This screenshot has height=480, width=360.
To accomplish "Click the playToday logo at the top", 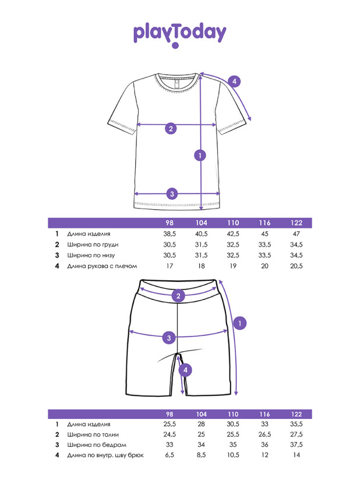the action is [x=179, y=34].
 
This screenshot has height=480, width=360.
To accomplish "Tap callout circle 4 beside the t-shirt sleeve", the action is [x=235, y=82].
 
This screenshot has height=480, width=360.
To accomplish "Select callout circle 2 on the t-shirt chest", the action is [x=171, y=128].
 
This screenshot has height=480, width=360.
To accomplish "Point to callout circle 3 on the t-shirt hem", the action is [x=172, y=194].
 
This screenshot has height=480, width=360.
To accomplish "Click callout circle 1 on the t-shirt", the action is [x=200, y=156].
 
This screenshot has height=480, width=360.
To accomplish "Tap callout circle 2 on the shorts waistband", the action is [x=178, y=296].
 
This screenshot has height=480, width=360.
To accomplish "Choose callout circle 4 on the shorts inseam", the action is [x=185, y=370].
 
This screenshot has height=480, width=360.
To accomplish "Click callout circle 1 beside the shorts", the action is [x=239, y=323].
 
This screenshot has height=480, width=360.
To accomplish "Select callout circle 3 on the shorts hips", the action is [x=169, y=338].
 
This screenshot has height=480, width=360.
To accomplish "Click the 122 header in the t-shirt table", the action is [x=297, y=223].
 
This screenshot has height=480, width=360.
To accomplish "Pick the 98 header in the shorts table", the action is [x=170, y=414].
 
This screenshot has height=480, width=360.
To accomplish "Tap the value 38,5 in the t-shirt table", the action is [x=170, y=234].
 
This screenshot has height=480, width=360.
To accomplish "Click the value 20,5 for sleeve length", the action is [x=297, y=266].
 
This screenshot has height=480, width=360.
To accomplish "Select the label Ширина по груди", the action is [x=93, y=245].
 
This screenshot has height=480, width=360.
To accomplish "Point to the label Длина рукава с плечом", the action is [x=103, y=266].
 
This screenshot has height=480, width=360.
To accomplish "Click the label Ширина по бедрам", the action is [x=97, y=445].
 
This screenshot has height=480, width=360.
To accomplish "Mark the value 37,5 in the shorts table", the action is [x=297, y=444].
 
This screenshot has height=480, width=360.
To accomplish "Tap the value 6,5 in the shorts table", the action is [x=170, y=455].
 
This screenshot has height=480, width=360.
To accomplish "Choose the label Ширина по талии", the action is [x=93, y=435].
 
